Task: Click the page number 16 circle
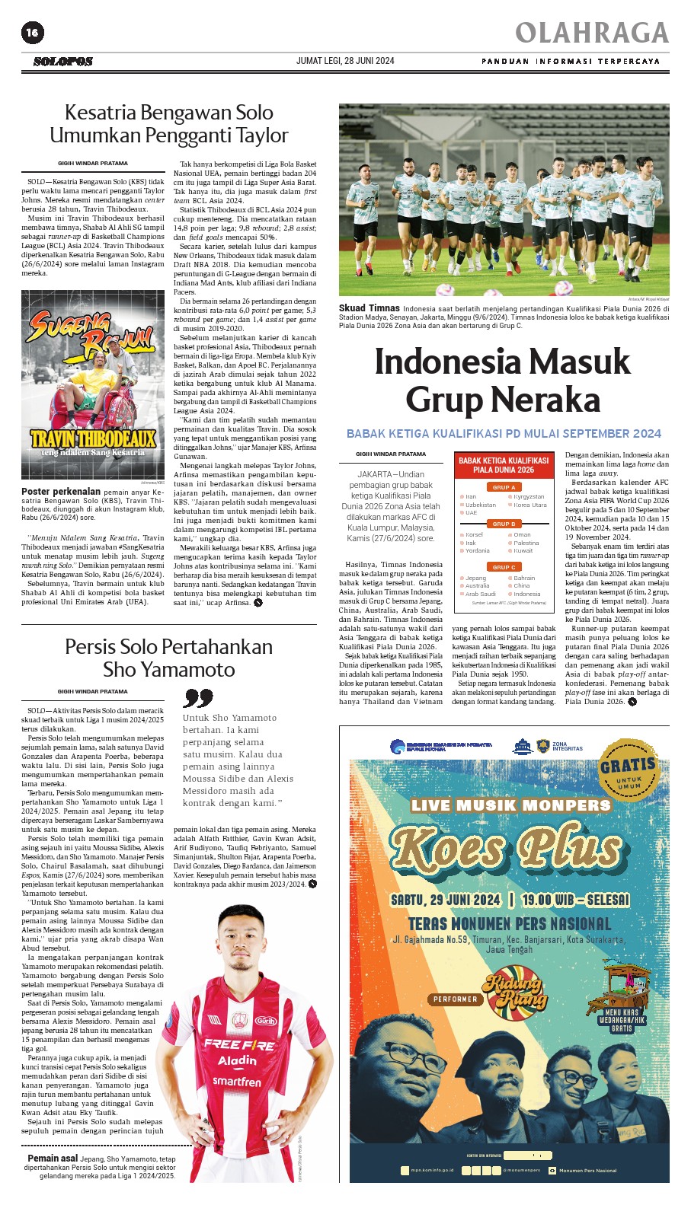click(x=33, y=32)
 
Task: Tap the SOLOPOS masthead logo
click(x=63, y=62)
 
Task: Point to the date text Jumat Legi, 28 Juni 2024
click(x=345, y=61)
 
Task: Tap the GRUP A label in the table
click(x=504, y=487)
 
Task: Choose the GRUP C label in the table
click(x=504, y=567)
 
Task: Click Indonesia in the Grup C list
click(x=527, y=594)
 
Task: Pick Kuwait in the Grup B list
click(x=523, y=550)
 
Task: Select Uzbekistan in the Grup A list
click(x=481, y=505)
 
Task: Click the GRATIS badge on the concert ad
click(x=629, y=768)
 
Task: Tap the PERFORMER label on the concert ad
click(x=456, y=999)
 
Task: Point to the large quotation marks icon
click(x=198, y=698)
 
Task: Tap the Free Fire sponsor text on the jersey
click(x=238, y=1044)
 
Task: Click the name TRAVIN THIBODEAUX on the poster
click(x=93, y=438)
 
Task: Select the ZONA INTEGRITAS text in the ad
click(x=567, y=746)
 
